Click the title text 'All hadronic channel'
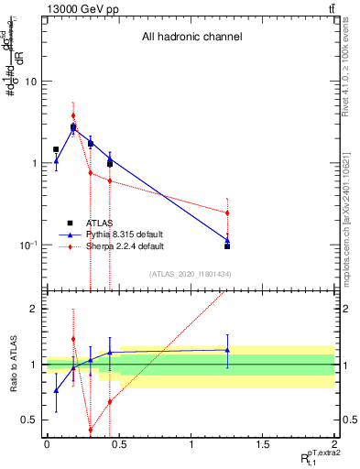point(191,38)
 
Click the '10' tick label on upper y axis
point(30,82)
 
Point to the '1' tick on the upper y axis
point(34,163)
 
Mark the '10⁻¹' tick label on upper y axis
point(28,245)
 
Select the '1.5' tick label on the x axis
point(263,444)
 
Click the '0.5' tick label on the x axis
point(118,444)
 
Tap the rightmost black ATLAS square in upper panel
point(227,246)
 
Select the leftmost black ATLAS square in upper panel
point(56,149)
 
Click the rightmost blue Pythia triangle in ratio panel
point(227,349)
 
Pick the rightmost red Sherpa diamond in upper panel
point(227,213)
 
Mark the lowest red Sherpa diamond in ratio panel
point(91,430)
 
